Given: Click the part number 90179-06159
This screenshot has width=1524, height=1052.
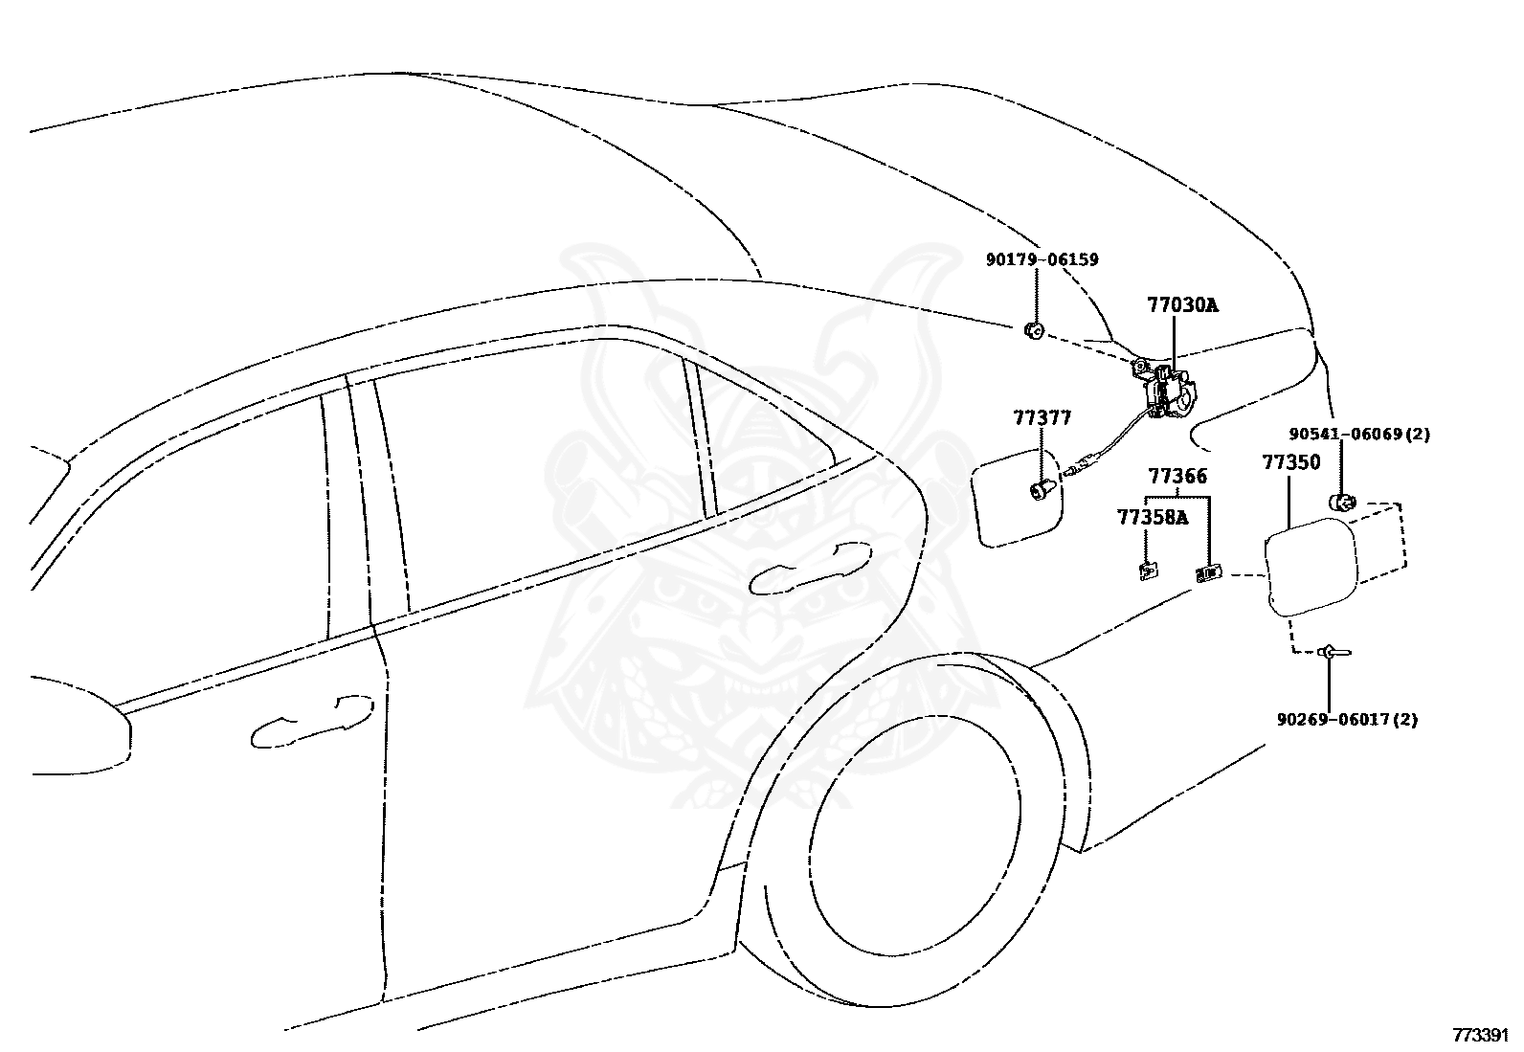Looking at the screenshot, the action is [x=1042, y=260].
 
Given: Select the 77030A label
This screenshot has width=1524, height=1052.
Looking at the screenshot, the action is [x=1183, y=305].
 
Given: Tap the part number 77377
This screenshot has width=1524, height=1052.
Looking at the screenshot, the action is [x=1043, y=417].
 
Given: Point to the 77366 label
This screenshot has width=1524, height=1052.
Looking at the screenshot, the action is [x=1177, y=476].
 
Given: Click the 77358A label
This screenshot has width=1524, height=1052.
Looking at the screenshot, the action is [x=1153, y=518].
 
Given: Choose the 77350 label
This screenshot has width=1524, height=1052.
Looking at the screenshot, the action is [x=1291, y=462].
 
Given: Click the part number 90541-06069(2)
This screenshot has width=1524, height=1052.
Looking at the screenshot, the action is [x=1359, y=435].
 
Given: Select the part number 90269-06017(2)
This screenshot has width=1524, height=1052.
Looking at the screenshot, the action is [x=1347, y=719].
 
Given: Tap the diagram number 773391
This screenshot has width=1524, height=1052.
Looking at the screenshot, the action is [x=1481, y=1035].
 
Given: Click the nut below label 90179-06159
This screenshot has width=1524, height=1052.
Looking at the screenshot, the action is [x=1034, y=331].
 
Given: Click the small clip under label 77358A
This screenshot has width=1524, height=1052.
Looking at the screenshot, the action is [x=1149, y=571].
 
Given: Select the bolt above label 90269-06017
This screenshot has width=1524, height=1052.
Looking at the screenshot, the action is [x=1334, y=653].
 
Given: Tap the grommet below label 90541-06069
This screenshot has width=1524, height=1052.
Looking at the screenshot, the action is [x=1342, y=503].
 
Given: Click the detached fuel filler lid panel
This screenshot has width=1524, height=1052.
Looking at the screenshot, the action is [x=1311, y=567].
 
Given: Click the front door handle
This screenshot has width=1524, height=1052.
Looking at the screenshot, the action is [x=312, y=722].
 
